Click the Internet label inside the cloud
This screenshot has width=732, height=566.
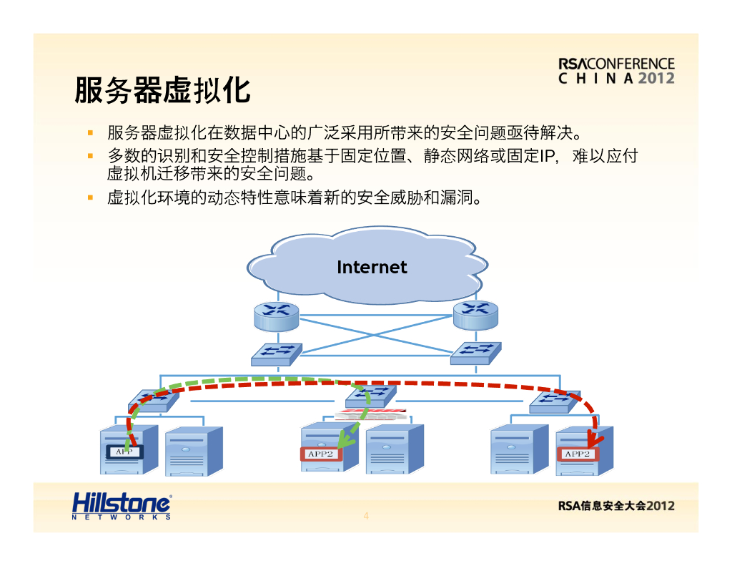tap(372, 267)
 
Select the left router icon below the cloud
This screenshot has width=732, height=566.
tap(276, 315)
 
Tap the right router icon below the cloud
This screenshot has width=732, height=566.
tap(475, 315)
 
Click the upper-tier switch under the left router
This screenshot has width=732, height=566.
tap(276, 353)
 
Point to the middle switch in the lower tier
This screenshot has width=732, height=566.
tap(370, 395)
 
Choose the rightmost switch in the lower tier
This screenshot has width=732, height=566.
tap(555, 403)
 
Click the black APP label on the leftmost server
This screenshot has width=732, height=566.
tap(124, 452)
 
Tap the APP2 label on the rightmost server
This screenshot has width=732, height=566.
tap(578, 454)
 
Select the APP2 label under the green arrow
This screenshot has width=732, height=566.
tap(320, 454)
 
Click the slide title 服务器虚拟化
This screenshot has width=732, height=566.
tap(162, 90)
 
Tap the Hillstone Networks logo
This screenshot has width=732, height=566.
tap(122, 506)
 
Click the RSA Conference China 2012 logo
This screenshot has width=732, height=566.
tap(616, 71)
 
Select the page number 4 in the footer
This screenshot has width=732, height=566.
tap(366, 516)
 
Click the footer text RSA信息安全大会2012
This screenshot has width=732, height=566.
tap(616, 506)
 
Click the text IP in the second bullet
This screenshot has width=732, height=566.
tap(547, 156)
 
